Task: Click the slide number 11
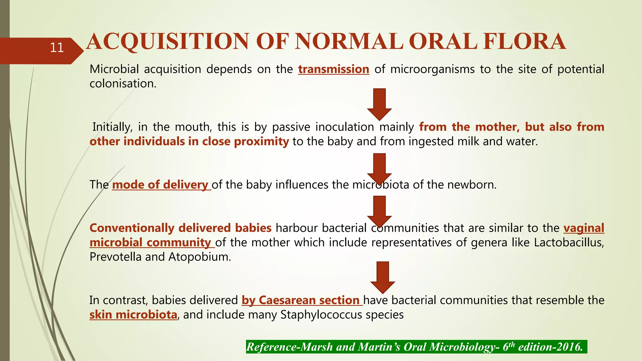57,48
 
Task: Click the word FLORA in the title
524,42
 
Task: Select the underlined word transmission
334,69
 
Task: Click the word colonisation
123,84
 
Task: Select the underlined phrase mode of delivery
161,185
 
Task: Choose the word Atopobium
199,257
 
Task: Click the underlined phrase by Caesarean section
302,300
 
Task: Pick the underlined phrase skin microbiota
133,315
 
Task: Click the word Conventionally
132,228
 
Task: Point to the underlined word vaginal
583,228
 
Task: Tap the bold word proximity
261,142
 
